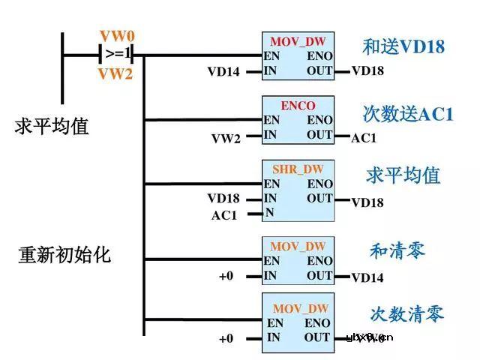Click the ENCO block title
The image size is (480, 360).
298,106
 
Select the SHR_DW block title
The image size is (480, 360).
298,169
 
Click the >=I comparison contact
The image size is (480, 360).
118,55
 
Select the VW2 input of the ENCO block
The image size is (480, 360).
226,137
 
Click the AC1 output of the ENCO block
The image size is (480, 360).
364,138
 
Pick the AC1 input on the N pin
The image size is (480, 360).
224,215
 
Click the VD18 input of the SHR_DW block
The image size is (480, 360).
223,199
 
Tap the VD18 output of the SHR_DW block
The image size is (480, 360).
367,202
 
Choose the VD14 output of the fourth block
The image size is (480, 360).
367,277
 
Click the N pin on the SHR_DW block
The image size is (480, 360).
269,213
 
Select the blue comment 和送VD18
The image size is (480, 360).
403,47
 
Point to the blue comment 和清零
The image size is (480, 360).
397,250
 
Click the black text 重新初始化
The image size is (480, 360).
64,254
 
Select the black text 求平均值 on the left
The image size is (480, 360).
52,125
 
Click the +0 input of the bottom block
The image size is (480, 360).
226,338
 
